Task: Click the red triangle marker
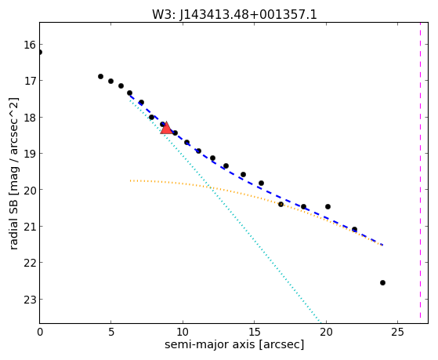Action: (166, 128)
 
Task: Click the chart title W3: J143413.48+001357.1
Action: (234, 14)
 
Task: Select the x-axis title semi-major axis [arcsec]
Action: (234, 344)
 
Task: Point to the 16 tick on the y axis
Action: (29, 45)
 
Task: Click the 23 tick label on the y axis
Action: (29, 300)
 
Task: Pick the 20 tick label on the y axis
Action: (29, 190)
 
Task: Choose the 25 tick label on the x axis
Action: (397, 332)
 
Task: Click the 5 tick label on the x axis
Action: (111, 332)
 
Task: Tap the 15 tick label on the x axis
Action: (254, 332)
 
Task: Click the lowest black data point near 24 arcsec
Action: (382, 283)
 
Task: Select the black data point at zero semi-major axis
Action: (40, 52)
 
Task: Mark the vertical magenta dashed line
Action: (420, 170)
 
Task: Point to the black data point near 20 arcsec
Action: (328, 207)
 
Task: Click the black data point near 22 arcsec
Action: (354, 229)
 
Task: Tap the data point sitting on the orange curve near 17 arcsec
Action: (281, 205)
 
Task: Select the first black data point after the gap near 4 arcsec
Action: (100, 76)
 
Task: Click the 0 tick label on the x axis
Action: (40, 332)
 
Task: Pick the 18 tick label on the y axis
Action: (29, 118)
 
